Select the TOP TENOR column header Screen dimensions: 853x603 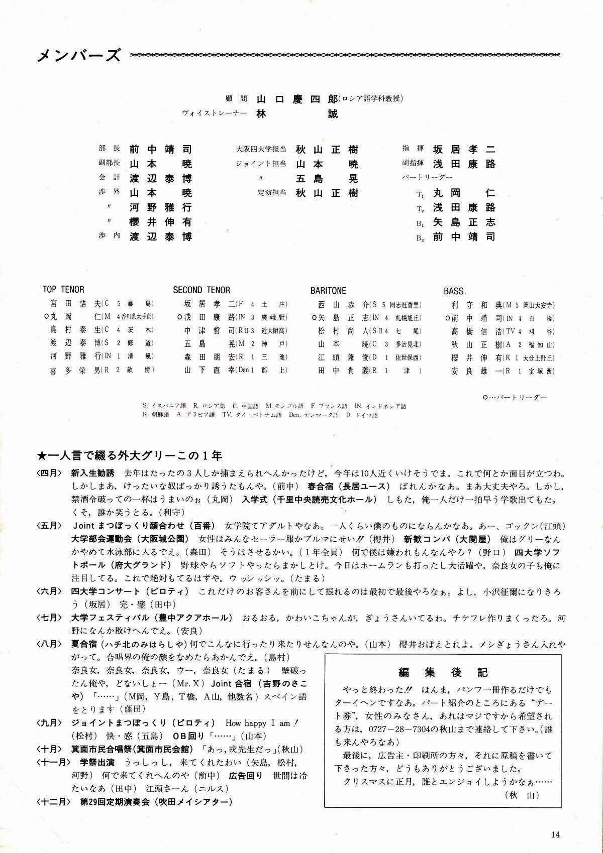pos(63,289)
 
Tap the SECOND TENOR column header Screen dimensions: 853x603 pos(202,290)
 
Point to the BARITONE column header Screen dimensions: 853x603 pos(328,291)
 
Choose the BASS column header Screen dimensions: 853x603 pos(454,291)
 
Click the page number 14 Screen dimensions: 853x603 pos(555,834)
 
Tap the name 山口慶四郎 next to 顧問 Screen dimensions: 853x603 pos(297,99)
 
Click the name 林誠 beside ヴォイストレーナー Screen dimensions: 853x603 pos(297,114)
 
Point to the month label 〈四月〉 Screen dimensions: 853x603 pos(49,473)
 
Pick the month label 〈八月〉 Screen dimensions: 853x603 pos(49,644)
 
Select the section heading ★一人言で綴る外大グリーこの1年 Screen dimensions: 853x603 pos(130,456)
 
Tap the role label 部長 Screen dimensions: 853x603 pos(110,149)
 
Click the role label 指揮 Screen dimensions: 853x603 pos(413,149)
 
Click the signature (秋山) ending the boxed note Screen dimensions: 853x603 pos(523,795)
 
